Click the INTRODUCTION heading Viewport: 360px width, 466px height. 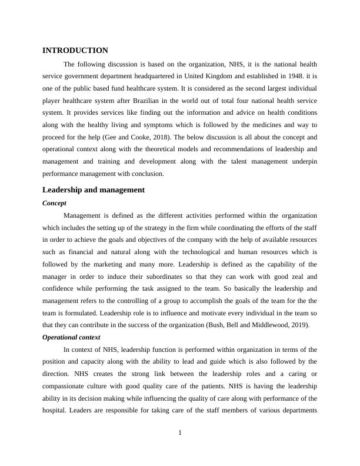[x=75, y=51]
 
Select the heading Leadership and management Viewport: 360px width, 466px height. [x=94, y=190]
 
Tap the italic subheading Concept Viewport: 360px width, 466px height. [x=54, y=203]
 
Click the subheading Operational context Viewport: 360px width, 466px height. [x=71, y=337]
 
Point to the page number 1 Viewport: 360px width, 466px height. [x=180, y=433]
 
